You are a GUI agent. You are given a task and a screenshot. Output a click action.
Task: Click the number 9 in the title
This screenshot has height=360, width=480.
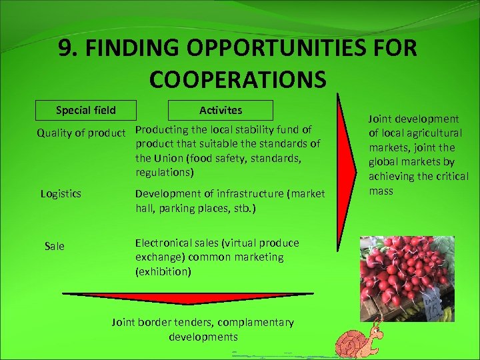point(65,49)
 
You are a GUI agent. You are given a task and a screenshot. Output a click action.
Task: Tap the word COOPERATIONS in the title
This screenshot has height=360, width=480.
point(238,79)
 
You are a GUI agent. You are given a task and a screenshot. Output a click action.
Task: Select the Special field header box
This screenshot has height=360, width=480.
point(85,110)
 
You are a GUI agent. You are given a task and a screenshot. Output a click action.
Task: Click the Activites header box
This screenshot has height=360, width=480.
point(221,110)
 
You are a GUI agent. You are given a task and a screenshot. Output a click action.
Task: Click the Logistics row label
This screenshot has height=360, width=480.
point(61,193)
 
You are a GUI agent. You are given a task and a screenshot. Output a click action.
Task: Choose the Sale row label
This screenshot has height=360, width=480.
point(55,246)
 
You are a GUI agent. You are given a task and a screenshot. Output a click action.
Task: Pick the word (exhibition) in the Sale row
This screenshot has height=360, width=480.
point(163,271)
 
